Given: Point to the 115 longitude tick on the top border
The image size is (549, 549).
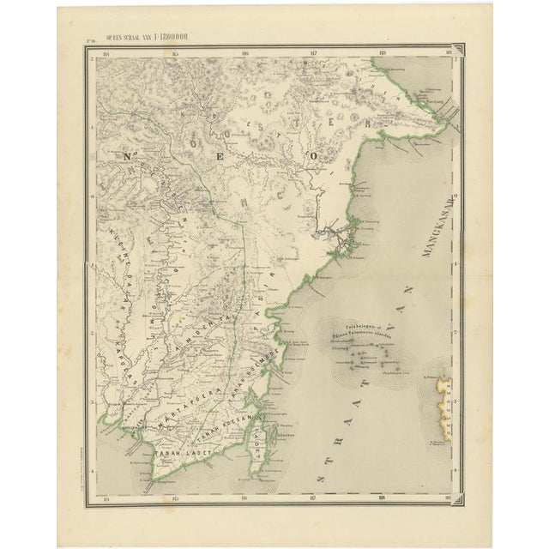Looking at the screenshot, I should [x=175, y=57].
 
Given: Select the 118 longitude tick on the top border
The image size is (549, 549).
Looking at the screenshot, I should [x=383, y=57].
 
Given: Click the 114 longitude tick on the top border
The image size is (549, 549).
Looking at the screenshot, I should [x=106, y=57].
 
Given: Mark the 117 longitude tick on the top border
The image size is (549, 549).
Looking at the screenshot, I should [x=314, y=57].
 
